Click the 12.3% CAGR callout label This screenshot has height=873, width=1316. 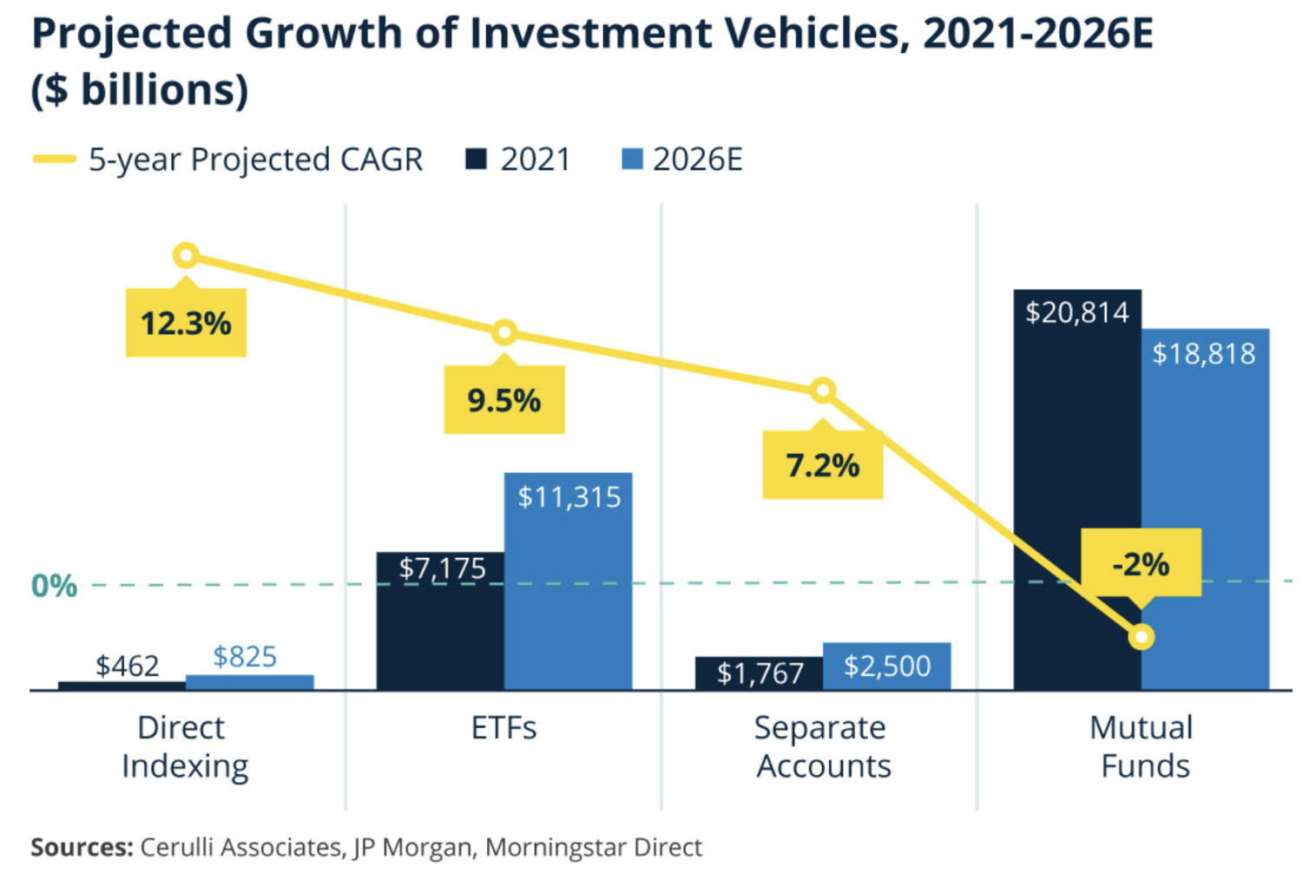186,324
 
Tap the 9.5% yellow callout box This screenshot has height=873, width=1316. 503,400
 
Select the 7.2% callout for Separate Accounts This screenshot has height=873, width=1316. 822,466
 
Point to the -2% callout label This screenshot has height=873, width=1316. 1141,564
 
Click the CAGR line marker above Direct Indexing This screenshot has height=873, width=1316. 186,256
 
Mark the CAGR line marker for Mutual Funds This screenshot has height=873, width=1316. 1142,637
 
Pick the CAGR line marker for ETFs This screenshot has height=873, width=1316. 504,333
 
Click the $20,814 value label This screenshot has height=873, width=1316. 1077,312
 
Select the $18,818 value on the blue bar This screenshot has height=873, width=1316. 1204,353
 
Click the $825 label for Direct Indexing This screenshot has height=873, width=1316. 245,657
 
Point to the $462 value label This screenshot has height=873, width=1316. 128,666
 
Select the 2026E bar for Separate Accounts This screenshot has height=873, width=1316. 886,666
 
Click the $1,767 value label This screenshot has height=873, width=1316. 760,673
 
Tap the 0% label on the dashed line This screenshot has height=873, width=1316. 54,587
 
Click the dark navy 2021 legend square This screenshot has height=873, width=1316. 476,160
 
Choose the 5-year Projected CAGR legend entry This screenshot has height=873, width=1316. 227,160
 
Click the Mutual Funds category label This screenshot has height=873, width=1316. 1142,746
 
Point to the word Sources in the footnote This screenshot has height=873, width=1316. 82,847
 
